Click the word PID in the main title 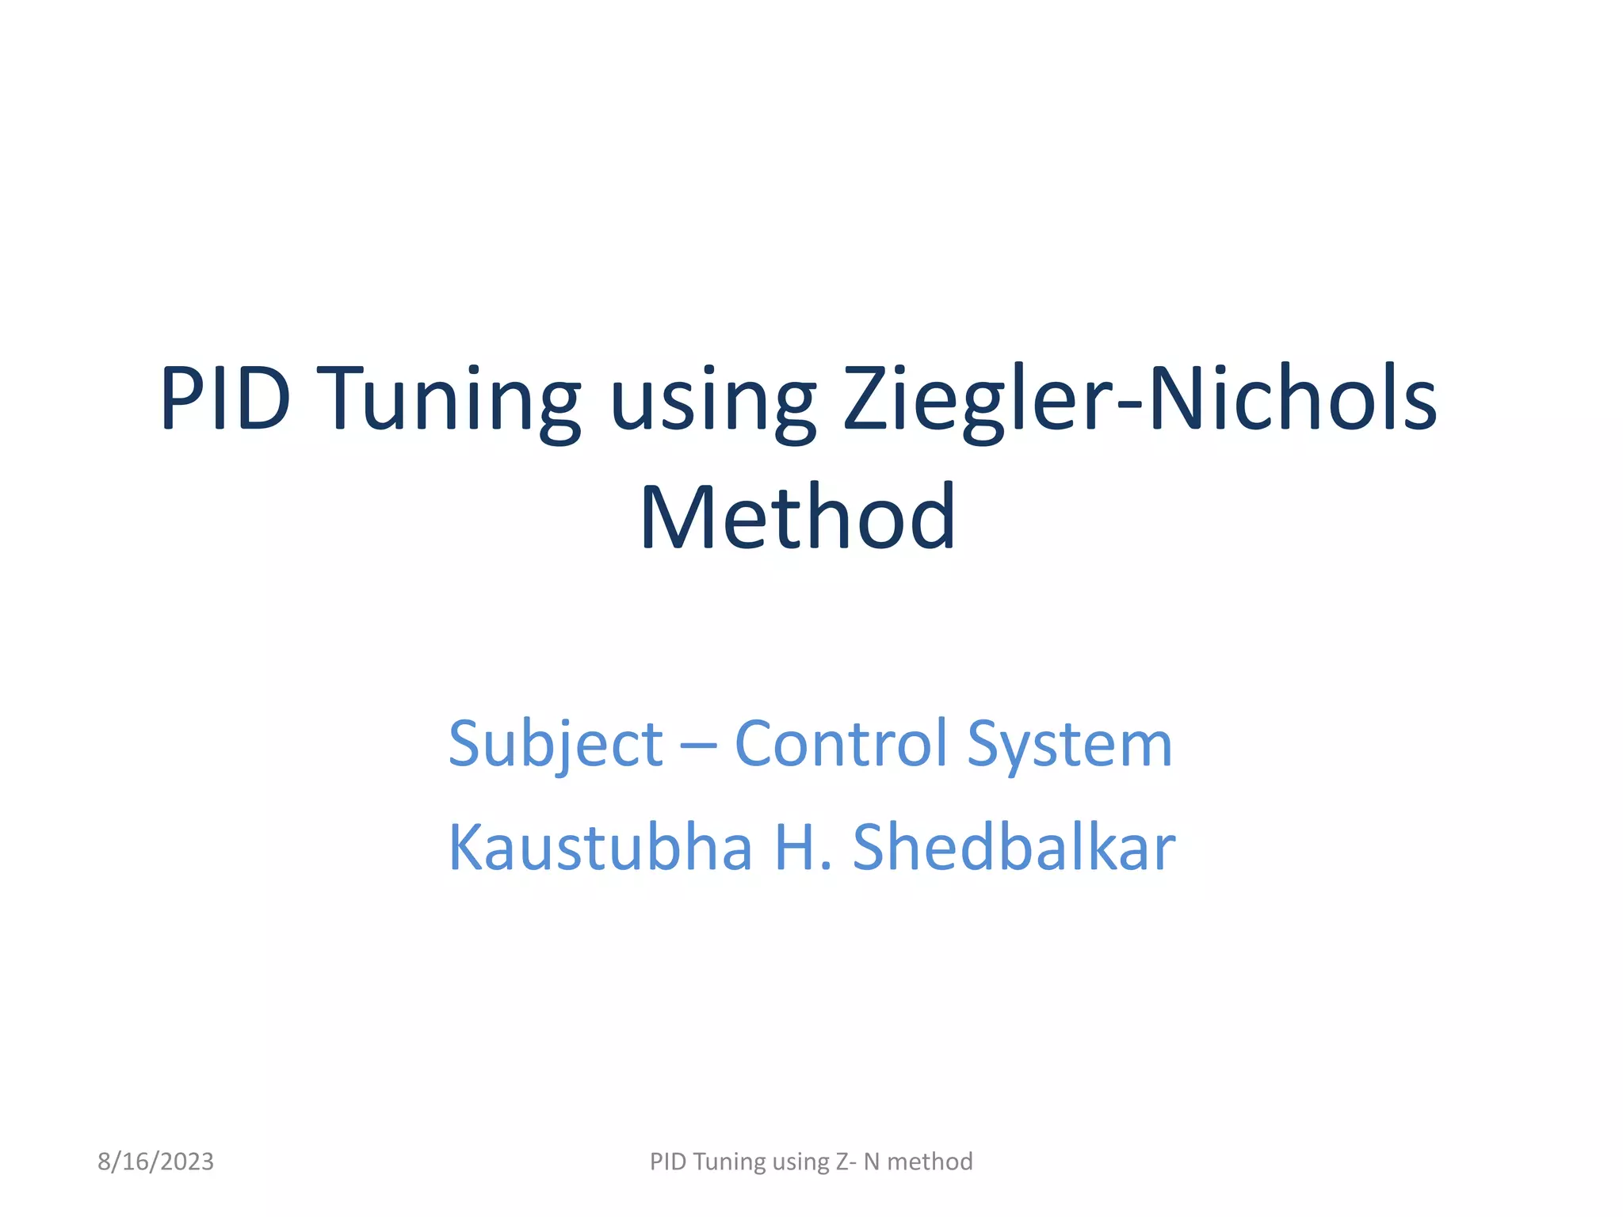click(x=225, y=398)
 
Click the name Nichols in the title click(x=1292, y=398)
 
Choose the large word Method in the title click(x=797, y=517)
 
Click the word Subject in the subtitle click(x=556, y=745)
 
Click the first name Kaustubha click(x=601, y=847)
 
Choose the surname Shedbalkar click(x=1014, y=847)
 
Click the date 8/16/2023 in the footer click(x=155, y=1162)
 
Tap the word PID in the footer click(x=668, y=1162)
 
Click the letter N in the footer click(x=872, y=1162)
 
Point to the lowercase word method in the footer click(x=930, y=1162)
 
